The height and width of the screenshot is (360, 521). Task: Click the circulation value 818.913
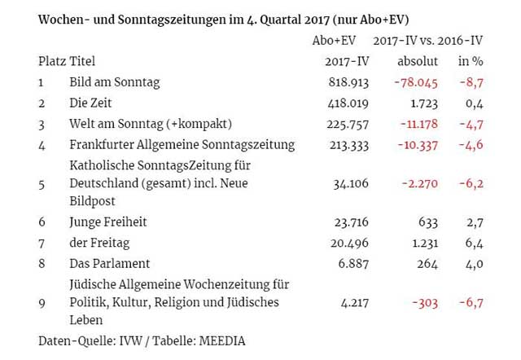pos(336,82)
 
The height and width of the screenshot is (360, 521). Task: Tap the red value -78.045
pos(415,82)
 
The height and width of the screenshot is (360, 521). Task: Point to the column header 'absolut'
pos(417,61)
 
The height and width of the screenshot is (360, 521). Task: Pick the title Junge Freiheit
pos(108,222)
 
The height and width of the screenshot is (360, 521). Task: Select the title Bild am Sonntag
pos(115,82)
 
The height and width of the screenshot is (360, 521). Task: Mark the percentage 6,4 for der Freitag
pos(476,243)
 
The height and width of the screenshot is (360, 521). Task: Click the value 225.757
pos(336,124)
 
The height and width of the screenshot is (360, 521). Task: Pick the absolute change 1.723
pos(422,103)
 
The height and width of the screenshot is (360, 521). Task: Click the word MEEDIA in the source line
pos(218,340)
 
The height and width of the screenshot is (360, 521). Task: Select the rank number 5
pos(41,184)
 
